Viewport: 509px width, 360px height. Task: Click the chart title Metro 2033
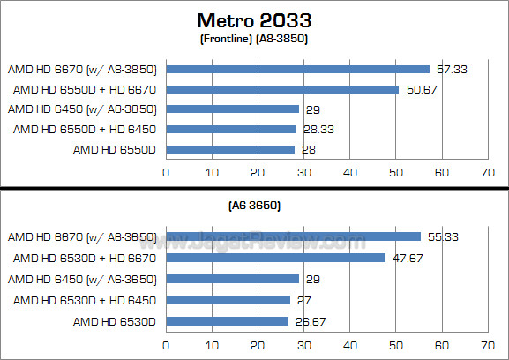(x=254, y=19)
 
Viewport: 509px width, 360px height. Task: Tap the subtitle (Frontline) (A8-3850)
(x=254, y=38)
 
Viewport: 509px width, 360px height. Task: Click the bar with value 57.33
(x=297, y=69)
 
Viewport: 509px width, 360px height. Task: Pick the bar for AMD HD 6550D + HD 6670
(x=282, y=89)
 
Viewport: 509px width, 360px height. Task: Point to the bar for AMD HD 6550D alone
(x=230, y=149)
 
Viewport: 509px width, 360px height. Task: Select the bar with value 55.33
(x=293, y=236)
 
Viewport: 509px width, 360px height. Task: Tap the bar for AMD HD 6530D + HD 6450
(x=228, y=300)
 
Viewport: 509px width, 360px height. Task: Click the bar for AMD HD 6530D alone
(x=227, y=320)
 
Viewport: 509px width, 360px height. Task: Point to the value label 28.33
(x=320, y=130)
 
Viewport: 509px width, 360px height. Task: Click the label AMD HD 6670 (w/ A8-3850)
(x=81, y=69)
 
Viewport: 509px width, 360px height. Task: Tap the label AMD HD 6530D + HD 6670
(x=85, y=258)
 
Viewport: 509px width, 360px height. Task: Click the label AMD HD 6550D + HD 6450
(x=85, y=130)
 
